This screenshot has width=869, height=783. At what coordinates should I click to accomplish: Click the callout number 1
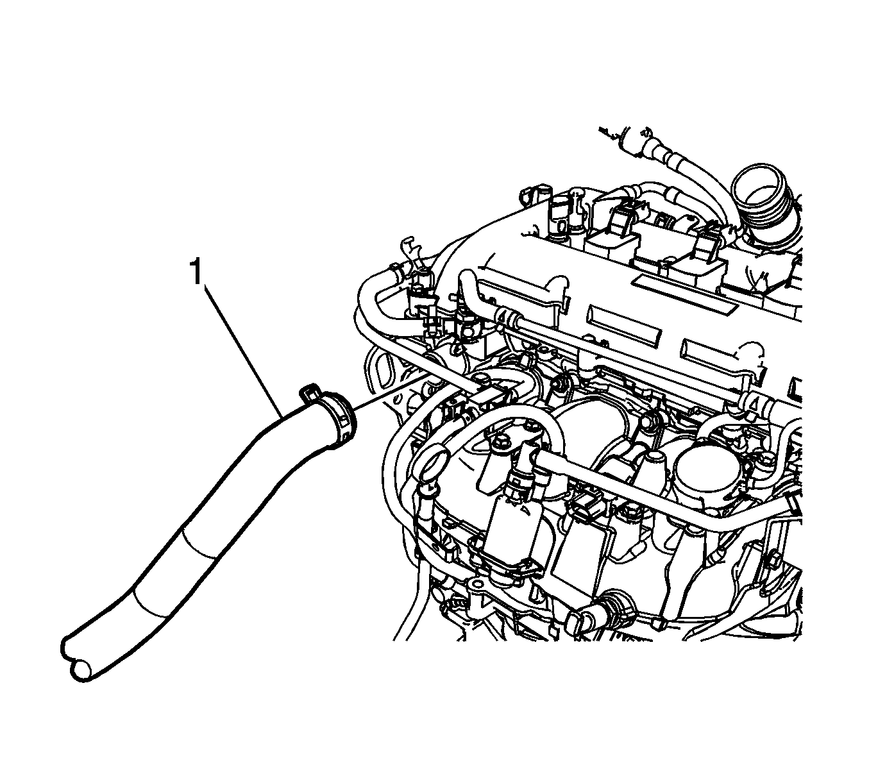[x=197, y=271]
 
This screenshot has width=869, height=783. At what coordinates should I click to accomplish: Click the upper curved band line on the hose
[x=200, y=545]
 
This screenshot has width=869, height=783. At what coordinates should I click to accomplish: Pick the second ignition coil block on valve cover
[x=698, y=264]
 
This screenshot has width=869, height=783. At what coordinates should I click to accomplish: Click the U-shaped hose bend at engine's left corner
[x=368, y=299]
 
